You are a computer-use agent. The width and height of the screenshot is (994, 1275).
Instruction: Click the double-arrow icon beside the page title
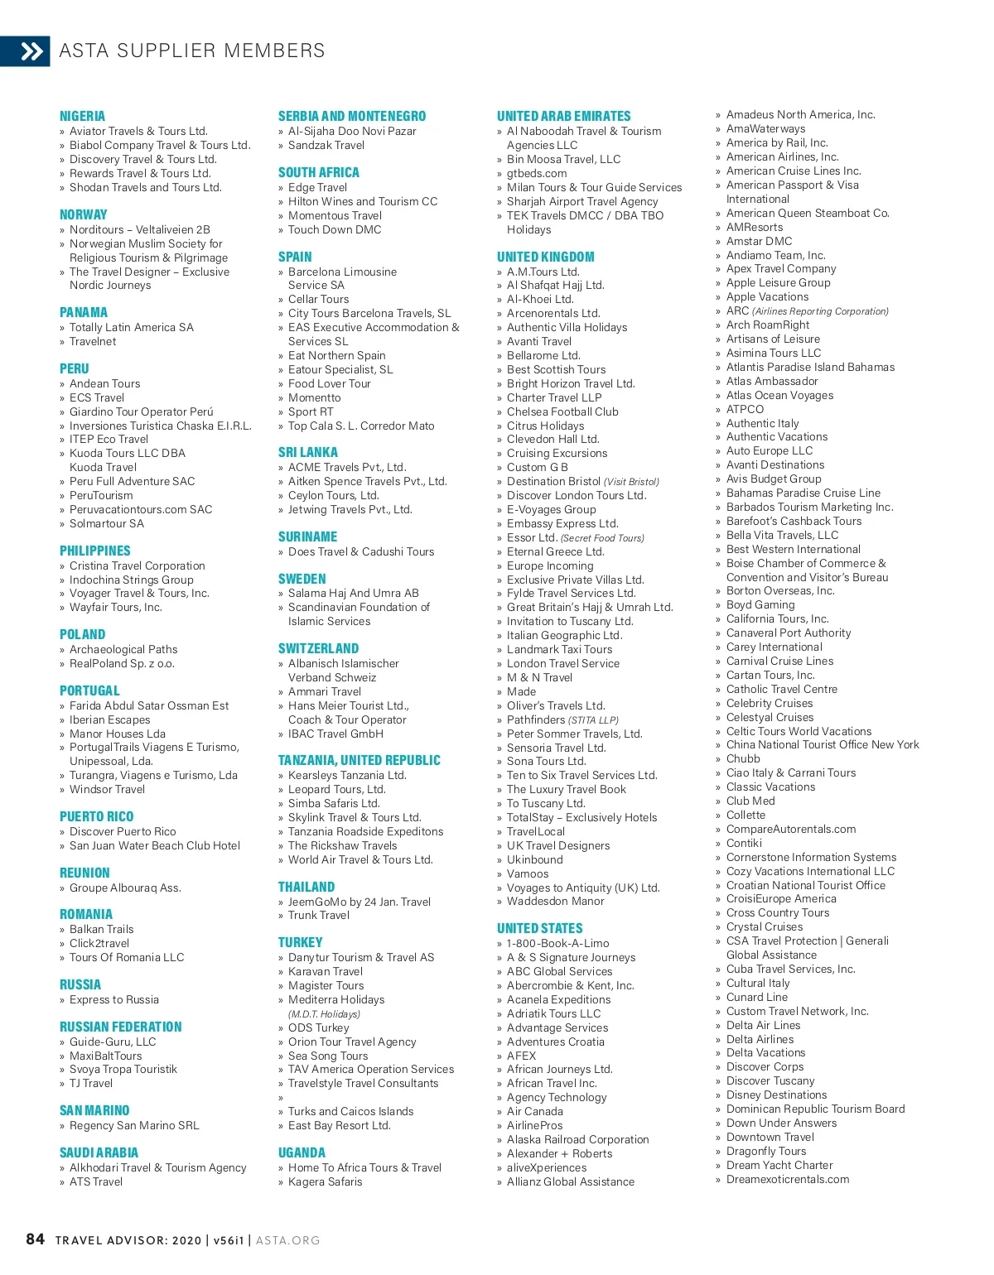click(x=31, y=51)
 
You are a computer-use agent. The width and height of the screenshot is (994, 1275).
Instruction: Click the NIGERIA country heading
click(x=82, y=117)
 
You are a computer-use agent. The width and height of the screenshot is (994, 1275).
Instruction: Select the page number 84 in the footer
click(x=35, y=1239)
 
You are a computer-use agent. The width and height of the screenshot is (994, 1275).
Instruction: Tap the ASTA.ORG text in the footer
click(x=287, y=1240)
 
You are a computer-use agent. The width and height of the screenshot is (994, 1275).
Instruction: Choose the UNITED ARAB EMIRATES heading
click(x=563, y=117)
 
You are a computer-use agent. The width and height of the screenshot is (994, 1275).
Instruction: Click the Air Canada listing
click(x=534, y=1111)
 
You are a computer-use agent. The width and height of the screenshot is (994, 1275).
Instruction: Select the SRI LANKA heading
click(x=307, y=453)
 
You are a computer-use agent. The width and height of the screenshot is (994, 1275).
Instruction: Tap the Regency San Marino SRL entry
click(x=134, y=1125)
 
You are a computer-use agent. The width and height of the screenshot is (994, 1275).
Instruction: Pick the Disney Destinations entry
click(x=776, y=1095)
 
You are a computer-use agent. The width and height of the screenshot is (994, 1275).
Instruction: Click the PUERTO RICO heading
click(x=96, y=817)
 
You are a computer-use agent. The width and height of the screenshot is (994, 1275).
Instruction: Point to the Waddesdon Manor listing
click(x=555, y=901)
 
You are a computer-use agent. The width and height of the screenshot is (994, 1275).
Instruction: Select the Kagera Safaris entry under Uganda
click(x=325, y=1181)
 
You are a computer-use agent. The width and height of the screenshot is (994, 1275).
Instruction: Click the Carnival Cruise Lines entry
click(x=779, y=661)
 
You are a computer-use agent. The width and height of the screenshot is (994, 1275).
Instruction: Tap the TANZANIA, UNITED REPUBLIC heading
click(x=359, y=761)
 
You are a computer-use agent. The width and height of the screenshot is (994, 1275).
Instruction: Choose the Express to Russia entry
click(x=113, y=999)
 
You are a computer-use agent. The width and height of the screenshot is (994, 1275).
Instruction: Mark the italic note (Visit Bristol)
click(x=631, y=482)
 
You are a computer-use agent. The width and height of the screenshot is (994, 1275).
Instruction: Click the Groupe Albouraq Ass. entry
click(x=125, y=888)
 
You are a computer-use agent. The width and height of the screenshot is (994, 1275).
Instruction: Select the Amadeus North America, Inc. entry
click(x=800, y=115)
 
